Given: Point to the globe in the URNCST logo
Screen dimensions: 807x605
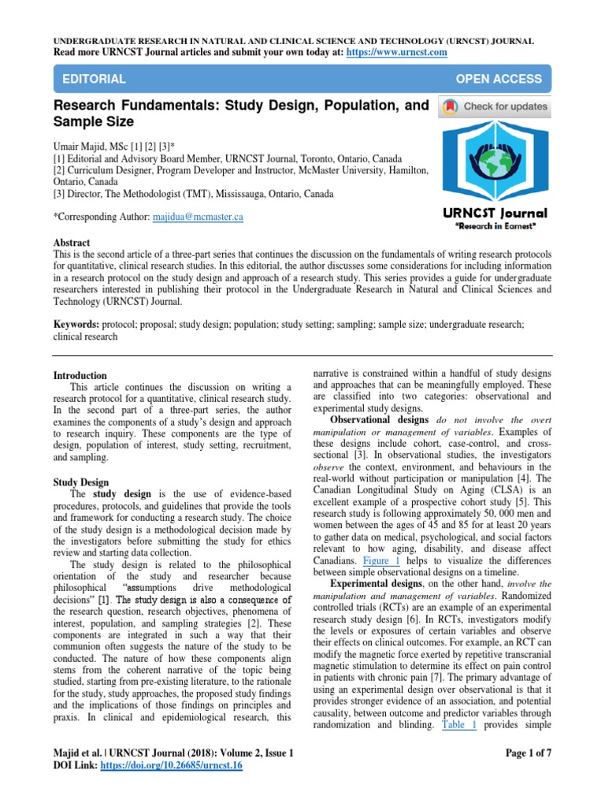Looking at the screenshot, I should point(496,162).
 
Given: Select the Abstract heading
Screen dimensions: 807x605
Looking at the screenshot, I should point(71,243).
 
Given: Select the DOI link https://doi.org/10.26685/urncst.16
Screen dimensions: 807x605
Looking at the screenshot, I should point(173,765).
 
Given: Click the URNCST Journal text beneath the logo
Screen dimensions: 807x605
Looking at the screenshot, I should point(495,214).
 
